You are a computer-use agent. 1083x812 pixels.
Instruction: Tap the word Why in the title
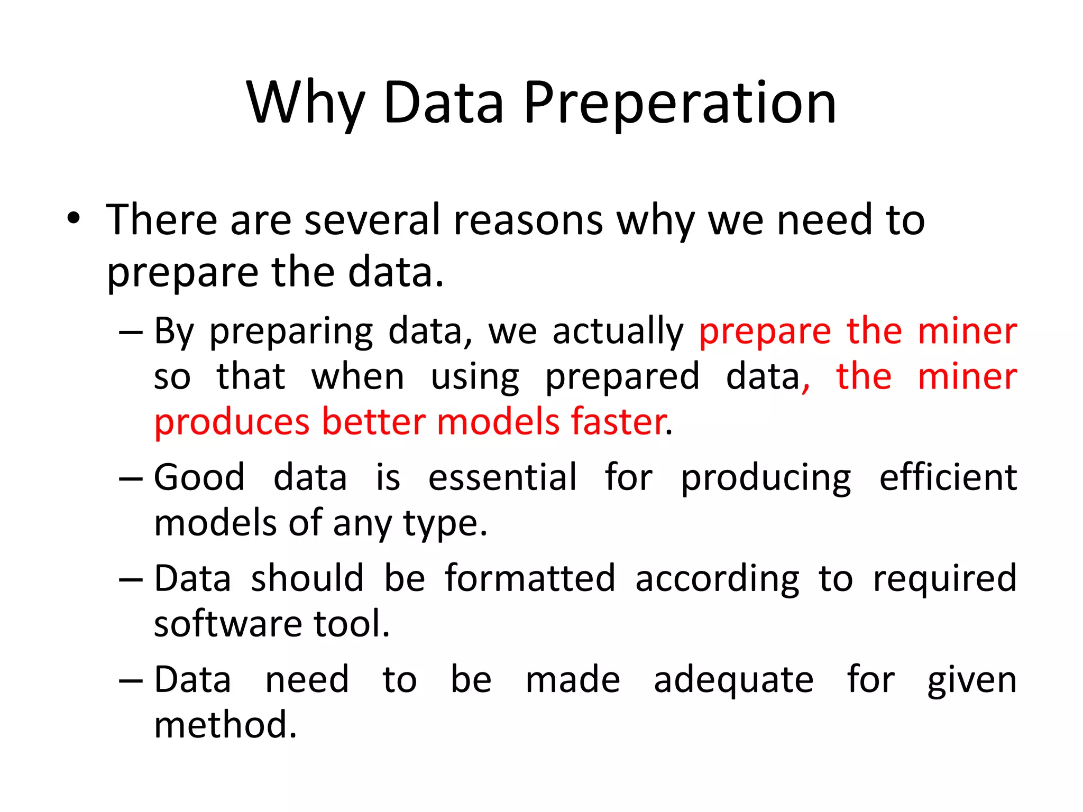tap(305, 103)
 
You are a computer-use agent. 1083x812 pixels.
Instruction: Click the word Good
tap(199, 477)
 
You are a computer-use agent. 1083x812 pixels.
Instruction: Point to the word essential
tap(502, 477)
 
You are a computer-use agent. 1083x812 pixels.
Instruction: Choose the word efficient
tap(948, 477)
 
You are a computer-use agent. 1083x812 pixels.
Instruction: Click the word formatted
tap(530, 578)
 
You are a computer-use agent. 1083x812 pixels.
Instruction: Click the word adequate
tap(733, 681)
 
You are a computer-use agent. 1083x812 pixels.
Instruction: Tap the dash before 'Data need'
tap(131, 681)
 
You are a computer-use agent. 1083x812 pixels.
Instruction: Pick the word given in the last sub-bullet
tap(972, 681)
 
